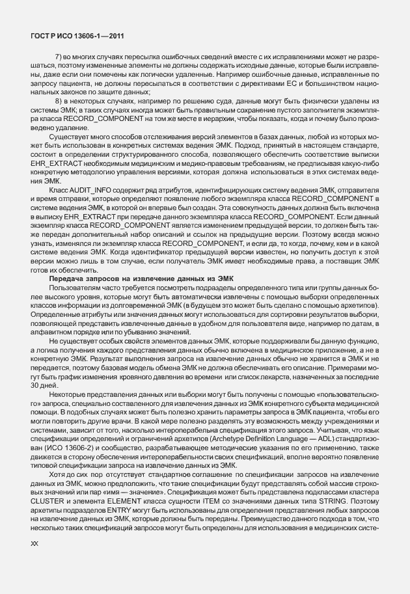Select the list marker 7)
point(59,57)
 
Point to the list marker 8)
point(59,102)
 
